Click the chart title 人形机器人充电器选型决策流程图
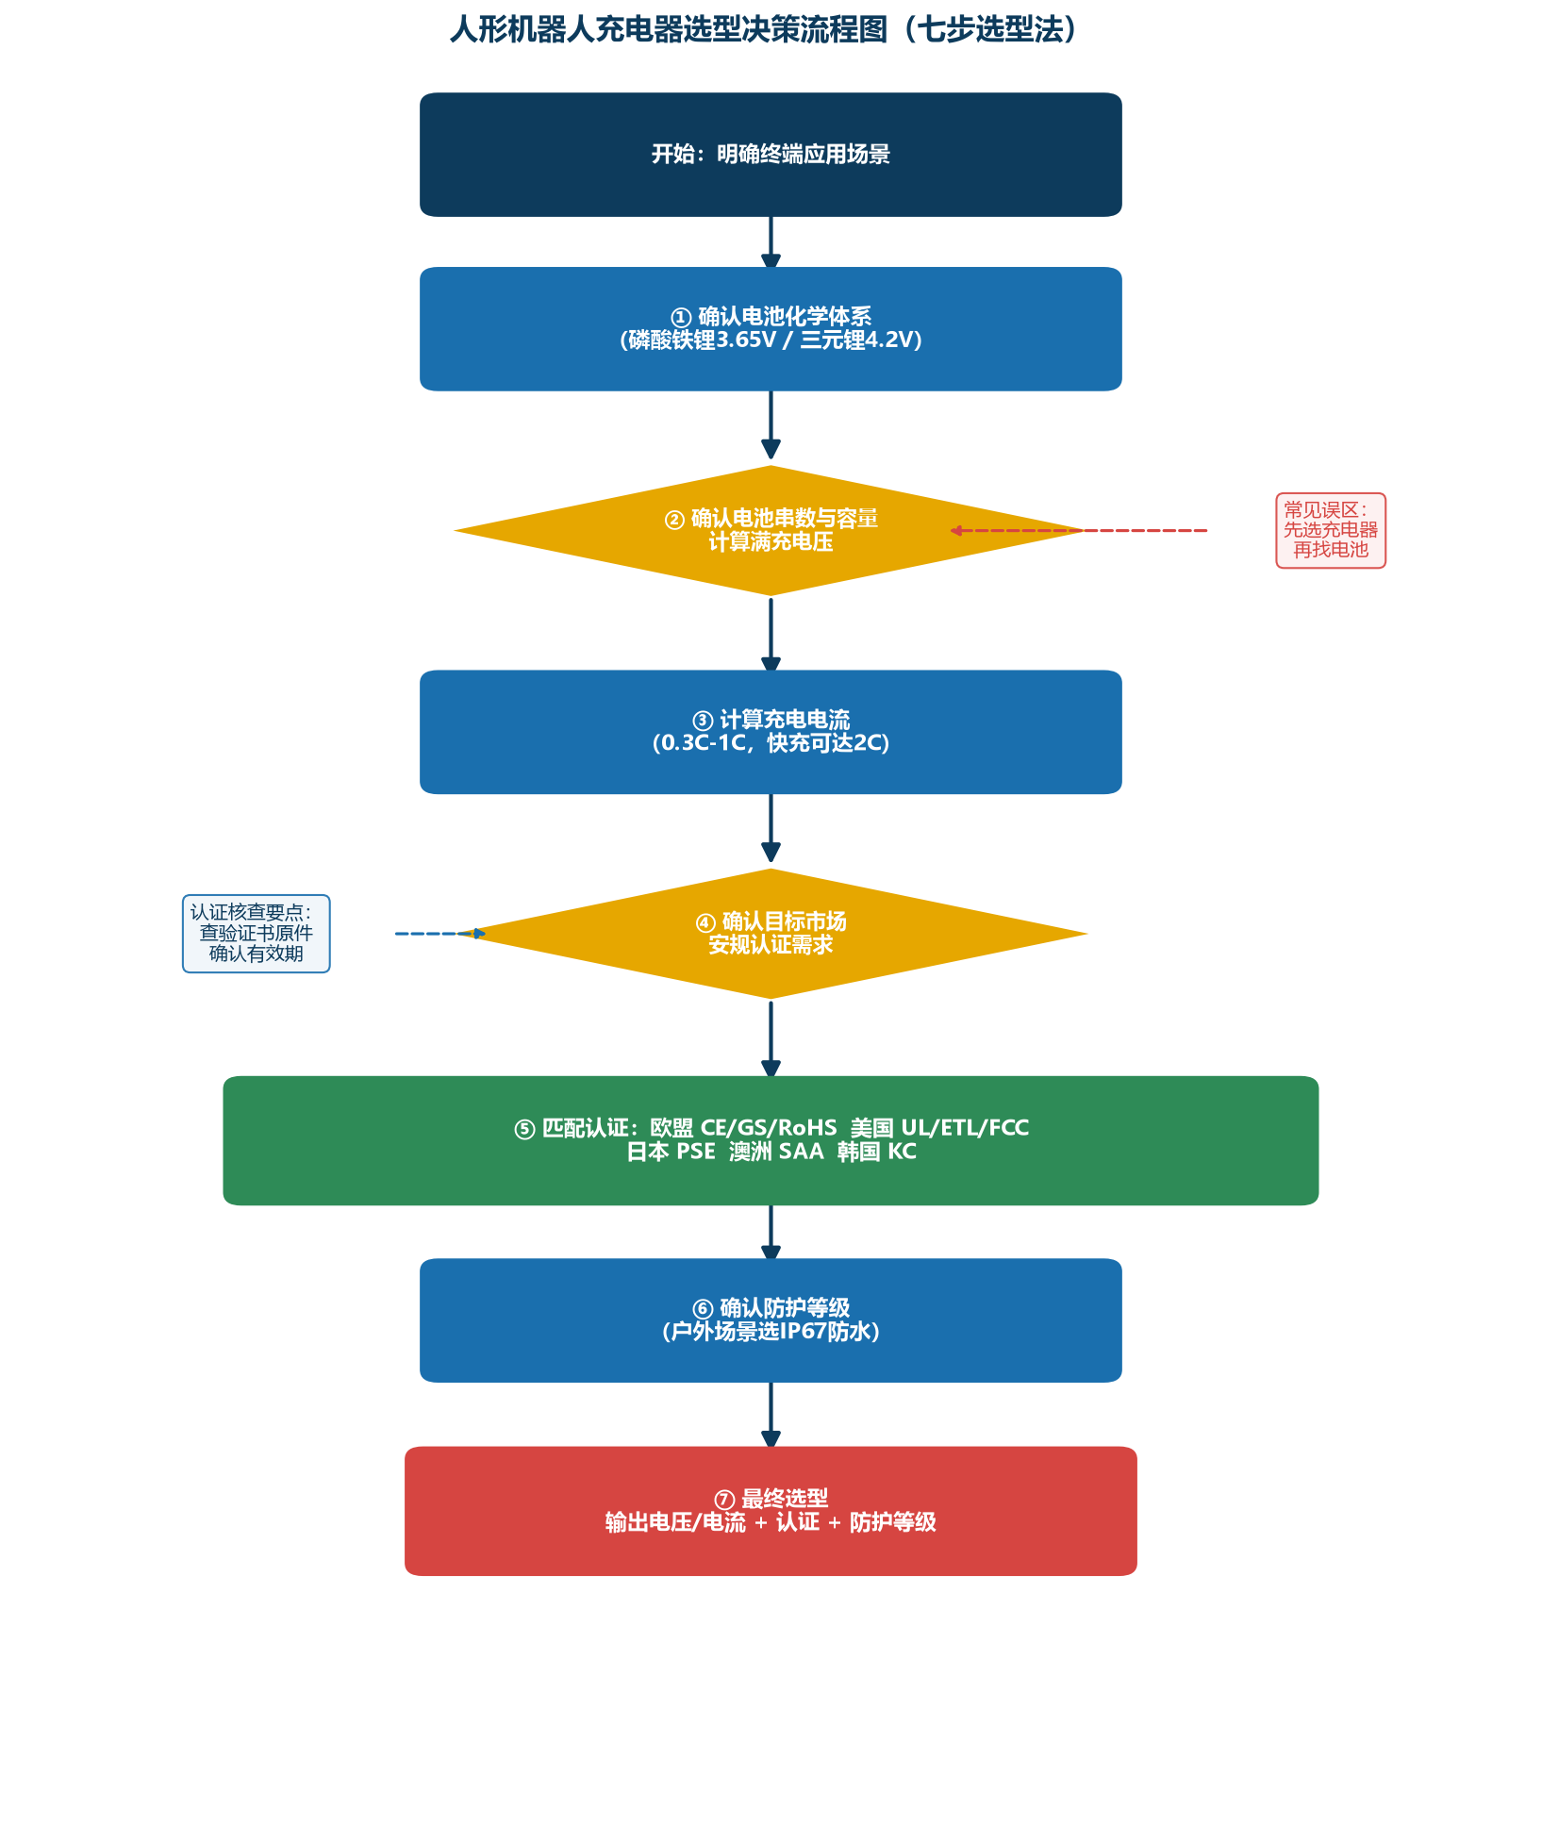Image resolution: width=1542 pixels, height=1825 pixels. tap(669, 30)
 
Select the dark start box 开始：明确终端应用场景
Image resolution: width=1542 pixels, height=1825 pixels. tap(771, 155)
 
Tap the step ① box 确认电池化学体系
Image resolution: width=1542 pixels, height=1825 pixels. tap(771, 329)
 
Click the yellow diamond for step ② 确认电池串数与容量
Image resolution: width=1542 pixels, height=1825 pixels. tap(771, 531)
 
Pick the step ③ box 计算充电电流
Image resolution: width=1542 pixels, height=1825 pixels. tap(771, 732)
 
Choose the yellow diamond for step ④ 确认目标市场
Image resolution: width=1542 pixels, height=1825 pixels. tap(771, 934)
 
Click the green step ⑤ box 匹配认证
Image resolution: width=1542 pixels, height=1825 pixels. tap(771, 1140)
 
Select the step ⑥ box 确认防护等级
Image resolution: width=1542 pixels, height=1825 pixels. tap(771, 1320)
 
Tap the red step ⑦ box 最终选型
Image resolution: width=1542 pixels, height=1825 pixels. tap(771, 1511)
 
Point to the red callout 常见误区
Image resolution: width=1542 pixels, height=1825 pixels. tap(1331, 531)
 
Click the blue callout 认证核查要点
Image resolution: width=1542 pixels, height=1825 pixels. tap(257, 934)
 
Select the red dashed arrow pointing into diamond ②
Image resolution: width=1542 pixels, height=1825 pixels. tap(1079, 531)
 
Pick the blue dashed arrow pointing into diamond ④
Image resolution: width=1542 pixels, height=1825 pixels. tap(440, 934)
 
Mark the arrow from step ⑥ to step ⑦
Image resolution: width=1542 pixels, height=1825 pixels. tap(771, 1415)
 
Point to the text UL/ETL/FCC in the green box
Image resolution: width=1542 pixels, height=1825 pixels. tap(965, 1128)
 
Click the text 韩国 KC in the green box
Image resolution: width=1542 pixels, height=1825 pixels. tap(876, 1152)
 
